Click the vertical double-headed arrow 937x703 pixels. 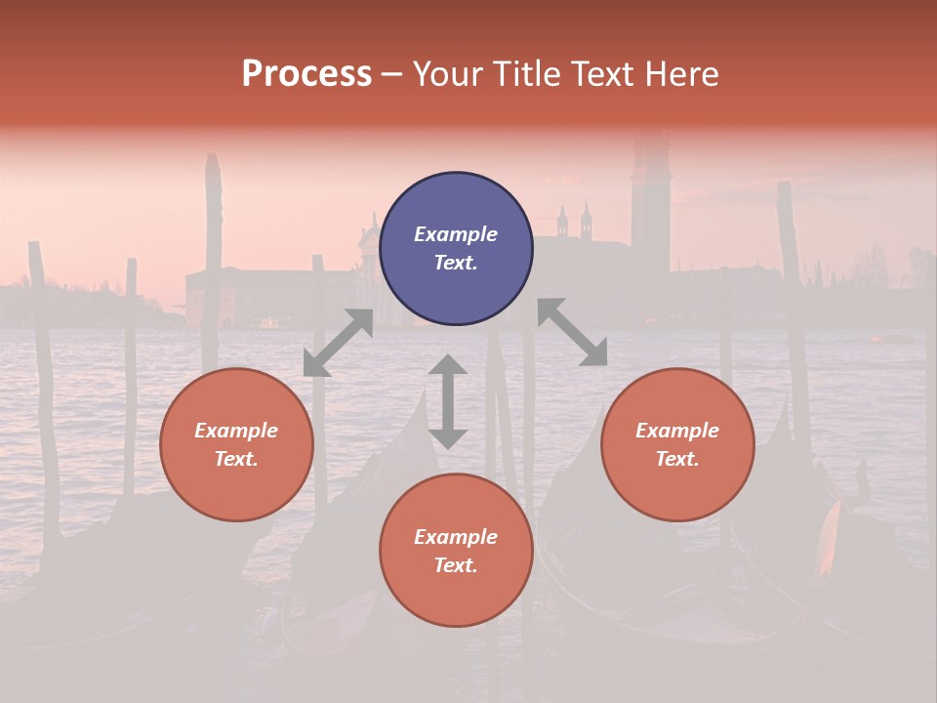tap(448, 401)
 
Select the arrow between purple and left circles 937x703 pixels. tap(338, 343)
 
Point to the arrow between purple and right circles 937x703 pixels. tap(572, 332)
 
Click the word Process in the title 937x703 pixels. tap(306, 74)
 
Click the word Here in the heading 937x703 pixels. tap(683, 74)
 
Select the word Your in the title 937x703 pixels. tap(444, 74)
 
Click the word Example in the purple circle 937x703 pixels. tap(456, 234)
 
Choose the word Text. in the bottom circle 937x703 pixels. tap(456, 565)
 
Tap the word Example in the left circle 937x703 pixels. tap(236, 431)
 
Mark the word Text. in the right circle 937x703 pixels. tap(677, 459)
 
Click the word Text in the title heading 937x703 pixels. tap(605, 74)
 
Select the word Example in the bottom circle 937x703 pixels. tap(456, 537)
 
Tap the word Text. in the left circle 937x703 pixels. tap(236, 459)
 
